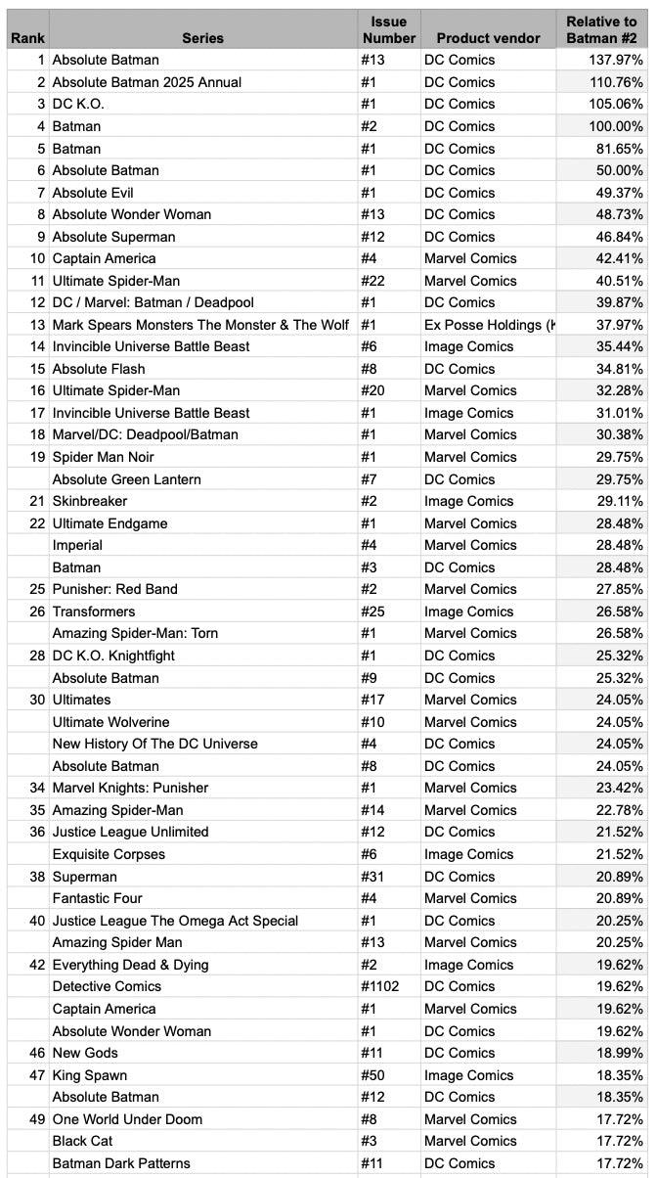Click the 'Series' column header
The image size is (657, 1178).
pyautogui.click(x=202, y=38)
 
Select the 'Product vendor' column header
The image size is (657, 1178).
pyautogui.click(x=488, y=38)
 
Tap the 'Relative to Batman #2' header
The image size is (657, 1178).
pyautogui.click(x=601, y=29)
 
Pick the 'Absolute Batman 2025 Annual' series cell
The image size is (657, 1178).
pyautogui.click(x=147, y=82)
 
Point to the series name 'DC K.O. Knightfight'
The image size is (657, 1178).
pyautogui.click(x=113, y=656)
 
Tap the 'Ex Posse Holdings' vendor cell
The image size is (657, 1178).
pyautogui.click(x=488, y=325)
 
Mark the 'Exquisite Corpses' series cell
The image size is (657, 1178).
pyautogui.click(x=109, y=854)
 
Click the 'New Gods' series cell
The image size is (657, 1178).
pyautogui.click(x=85, y=1053)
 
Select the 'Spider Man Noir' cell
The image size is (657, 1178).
pyautogui.click(x=103, y=457)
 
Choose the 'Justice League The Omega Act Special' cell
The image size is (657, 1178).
pyautogui.click(x=175, y=921)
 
